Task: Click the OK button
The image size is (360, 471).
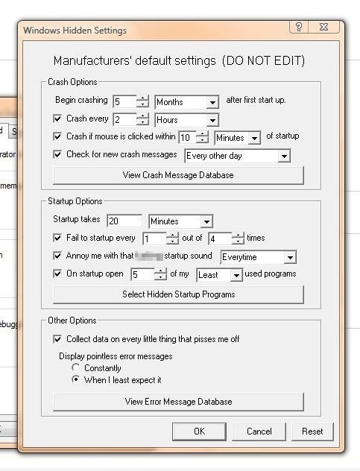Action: click(x=198, y=431)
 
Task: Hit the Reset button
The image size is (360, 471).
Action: click(x=312, y=431)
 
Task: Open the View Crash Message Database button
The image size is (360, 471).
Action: click(x=178, y=175)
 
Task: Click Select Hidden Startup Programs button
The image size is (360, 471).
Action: click(x=178, y=294)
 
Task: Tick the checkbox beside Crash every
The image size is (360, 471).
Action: click(x=58, y=118)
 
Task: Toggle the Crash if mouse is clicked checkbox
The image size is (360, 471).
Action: click(x=58, y=136)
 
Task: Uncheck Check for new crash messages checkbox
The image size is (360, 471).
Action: click(x=58, y=155)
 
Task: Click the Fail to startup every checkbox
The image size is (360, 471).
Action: click(x=58, y=238)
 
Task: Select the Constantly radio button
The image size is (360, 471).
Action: click(x=75, y=368)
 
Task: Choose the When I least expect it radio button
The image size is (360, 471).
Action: click(x=75, y=380)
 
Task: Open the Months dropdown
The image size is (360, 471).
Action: click(x=187, y=101)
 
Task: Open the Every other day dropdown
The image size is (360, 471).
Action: click(x=237, y=156)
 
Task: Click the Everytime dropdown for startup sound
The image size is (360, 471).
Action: click(x=258, y=257)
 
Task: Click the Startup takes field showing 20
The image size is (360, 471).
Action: click(x=124, y=221)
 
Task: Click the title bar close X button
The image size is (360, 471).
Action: click(x=323, y=27)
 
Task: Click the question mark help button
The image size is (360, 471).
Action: click(x=298, y=27)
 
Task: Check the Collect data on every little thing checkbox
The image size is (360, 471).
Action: click(x=58, y=339)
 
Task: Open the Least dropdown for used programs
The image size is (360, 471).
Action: click(x=219, y=275)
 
